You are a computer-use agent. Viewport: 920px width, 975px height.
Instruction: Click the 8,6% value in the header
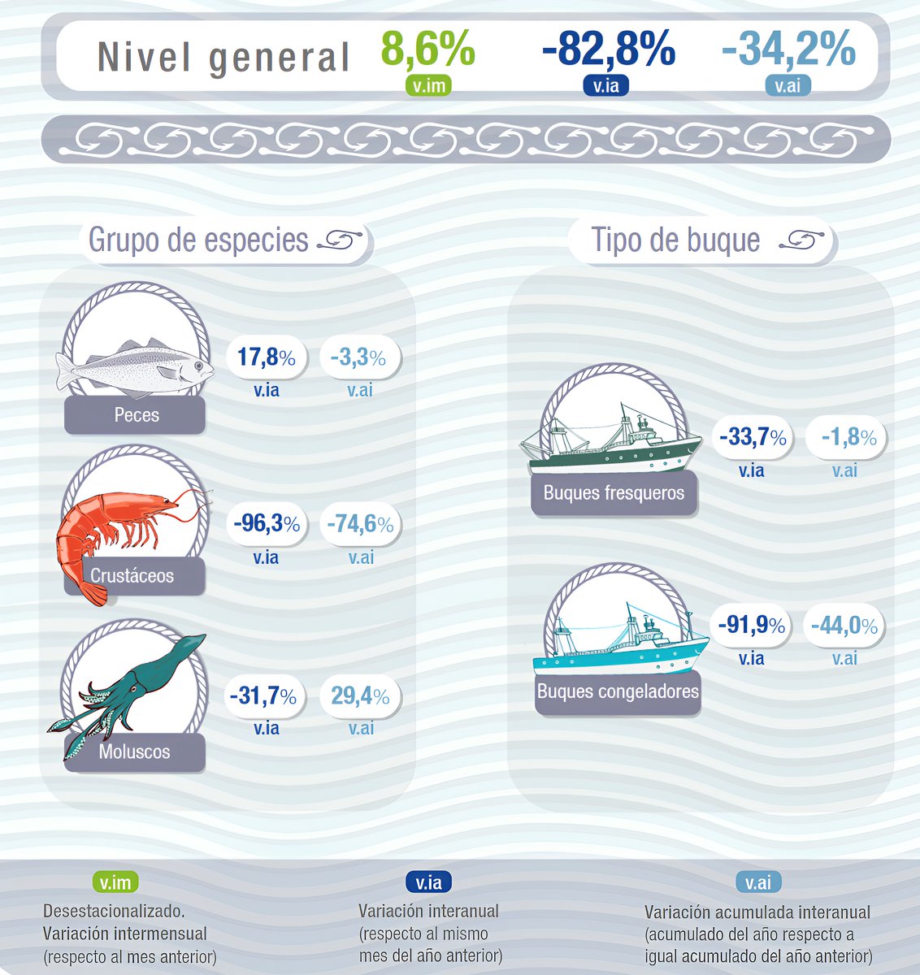click(x=428, y=50)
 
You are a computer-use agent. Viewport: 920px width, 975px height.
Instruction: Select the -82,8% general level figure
click(x=609, y=50)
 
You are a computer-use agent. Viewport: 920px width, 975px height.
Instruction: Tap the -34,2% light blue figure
click(x=788, y=50)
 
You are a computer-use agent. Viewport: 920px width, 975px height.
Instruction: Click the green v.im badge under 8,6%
click(x=428, y=84)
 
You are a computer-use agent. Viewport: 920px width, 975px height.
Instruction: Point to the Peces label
click(x=137, y=415)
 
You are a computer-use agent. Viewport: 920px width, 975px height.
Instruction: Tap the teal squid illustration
click(x=130, y=691)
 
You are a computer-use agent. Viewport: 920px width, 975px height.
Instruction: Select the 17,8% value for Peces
click(x=267, y=357)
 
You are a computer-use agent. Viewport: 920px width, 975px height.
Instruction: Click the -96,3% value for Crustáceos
click(x=267, y=524)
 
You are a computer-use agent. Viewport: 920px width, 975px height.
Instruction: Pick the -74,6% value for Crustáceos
click(x=360, y=525)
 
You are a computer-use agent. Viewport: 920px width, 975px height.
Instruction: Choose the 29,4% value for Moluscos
click(x=360, y=695)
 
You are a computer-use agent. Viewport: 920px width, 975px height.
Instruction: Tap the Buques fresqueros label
click(x=614, y=492)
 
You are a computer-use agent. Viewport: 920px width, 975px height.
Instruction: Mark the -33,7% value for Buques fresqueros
click(x=752, y=438)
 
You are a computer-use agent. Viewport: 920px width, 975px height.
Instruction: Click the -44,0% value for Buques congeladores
click(x=844, y=626)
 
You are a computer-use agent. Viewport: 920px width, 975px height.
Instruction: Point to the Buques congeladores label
click(x=618, y=692)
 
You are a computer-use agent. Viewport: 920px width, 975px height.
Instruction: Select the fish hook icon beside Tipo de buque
click(x=801, y=240)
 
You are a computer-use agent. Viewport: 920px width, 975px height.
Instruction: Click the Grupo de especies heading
click(x=198, y=240)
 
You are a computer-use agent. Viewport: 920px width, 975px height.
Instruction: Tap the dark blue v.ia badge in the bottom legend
click(x=428, y=882)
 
